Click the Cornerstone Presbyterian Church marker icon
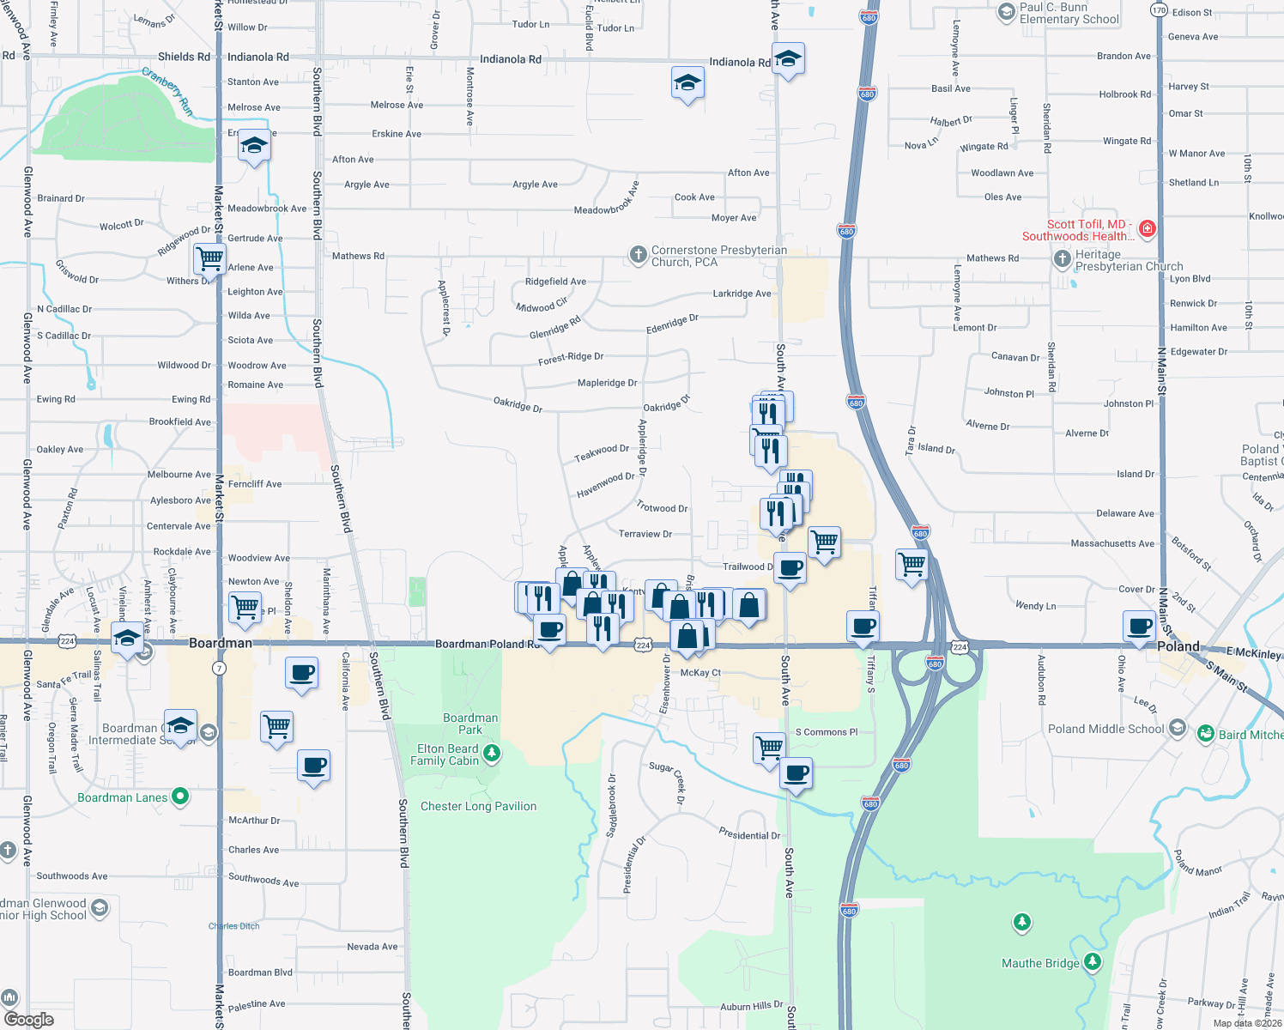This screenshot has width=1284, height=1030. click(x=638, y=254)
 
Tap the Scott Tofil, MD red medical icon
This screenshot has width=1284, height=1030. click(x=1148, y=229)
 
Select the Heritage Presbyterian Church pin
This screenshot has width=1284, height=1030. click(x=1063, y=258)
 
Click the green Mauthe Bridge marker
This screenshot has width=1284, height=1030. click(x=1092, y=962)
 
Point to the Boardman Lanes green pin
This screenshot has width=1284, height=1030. click(x=180, y=797)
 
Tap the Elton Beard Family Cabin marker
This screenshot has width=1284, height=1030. click(x=492, y=754)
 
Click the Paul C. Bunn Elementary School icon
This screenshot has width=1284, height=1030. click(x=1007, y=12)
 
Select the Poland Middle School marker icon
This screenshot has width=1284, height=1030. click(x=1178, y=729)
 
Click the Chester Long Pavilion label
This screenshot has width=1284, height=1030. click(x=478, y=806)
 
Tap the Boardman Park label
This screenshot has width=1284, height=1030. click(x=470, y=724)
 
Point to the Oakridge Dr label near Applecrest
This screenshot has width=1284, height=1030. click(x=518, y=403)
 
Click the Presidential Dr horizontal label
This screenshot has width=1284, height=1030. click(x=749, y=834)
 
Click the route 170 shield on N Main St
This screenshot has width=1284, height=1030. click(x=1160, y=10)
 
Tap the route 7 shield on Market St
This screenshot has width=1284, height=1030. click(x=220, y=668)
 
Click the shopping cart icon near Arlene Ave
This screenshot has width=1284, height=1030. click(x=209, y=257)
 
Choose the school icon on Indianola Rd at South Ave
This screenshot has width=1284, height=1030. click(x=788, y=59)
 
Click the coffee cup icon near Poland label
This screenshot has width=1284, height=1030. click(x=1140, y=626)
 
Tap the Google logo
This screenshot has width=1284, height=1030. click(x=28, y=1019)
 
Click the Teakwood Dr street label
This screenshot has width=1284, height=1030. click(x=602, y=451)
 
